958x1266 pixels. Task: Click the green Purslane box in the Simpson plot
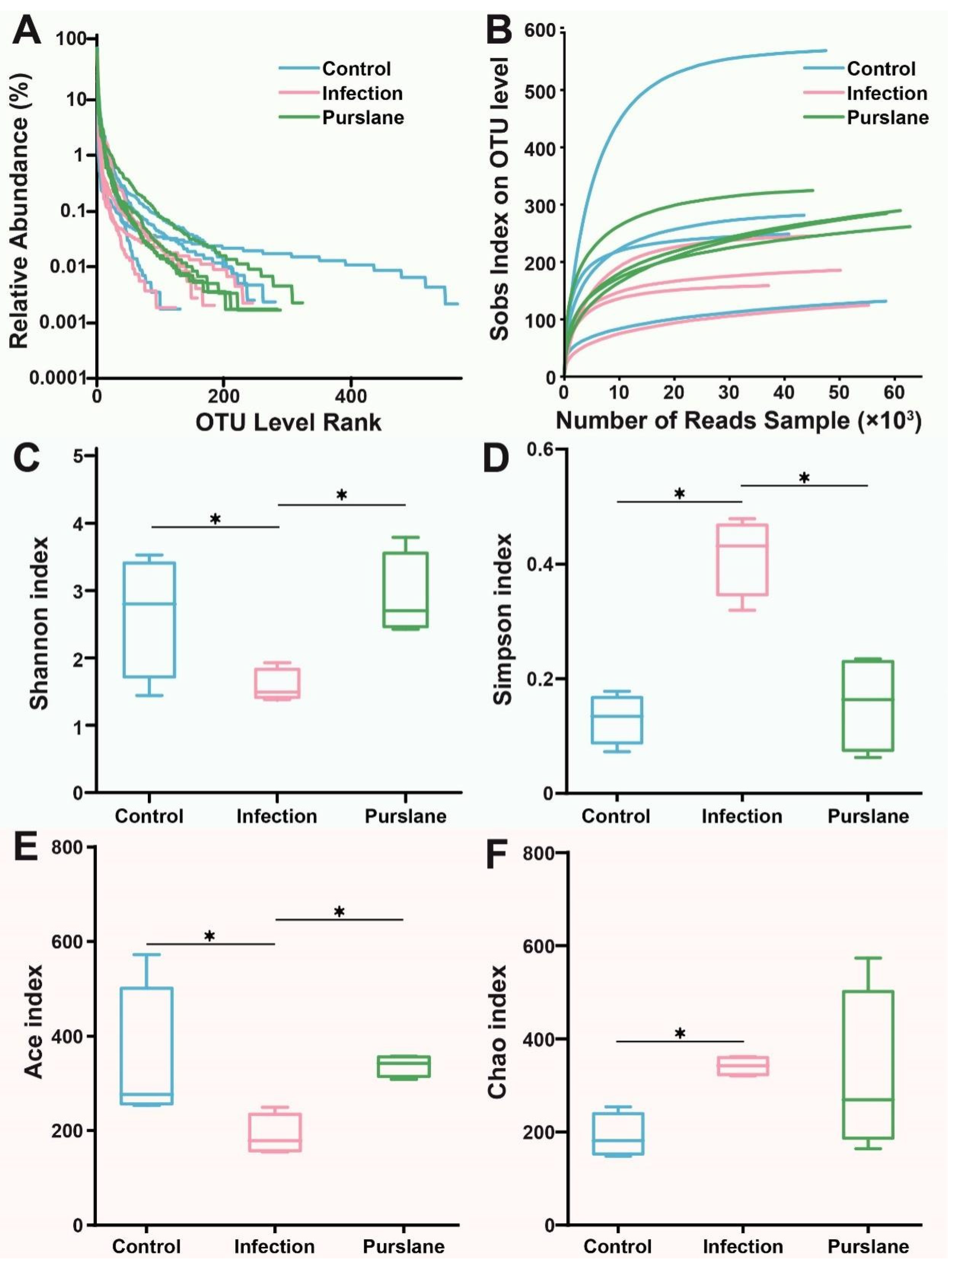[x=868, y=705]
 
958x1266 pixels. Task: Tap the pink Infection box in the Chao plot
[x=743, y=1066]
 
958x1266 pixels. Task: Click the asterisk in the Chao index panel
[x=680, y=1033]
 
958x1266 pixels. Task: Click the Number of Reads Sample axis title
[x=738, y=421]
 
